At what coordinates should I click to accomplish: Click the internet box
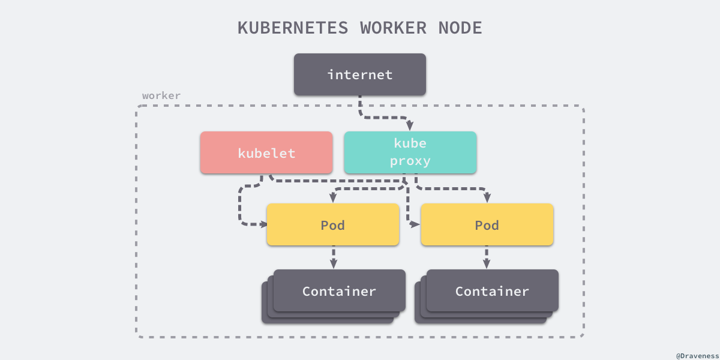point(359,74)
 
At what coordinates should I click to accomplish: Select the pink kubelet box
point(266,153)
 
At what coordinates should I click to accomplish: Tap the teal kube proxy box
point(410,152)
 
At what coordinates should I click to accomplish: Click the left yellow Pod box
point(332,224)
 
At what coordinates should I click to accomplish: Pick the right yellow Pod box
point(487,224)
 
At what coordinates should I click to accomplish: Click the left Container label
point(339,291)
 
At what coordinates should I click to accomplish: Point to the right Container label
point(492,291)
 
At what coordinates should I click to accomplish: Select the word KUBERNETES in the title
point(293,28)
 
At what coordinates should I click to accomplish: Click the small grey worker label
point(161,95)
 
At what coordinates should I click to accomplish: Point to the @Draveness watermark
point(697,356)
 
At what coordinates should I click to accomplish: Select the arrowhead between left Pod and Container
point(333,264)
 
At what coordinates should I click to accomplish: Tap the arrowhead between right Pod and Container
point(487,264)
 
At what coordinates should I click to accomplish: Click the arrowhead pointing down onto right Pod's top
point(487,198)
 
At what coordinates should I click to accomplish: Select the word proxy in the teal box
point(410,161)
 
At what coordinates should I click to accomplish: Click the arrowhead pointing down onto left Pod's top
point(333,198)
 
